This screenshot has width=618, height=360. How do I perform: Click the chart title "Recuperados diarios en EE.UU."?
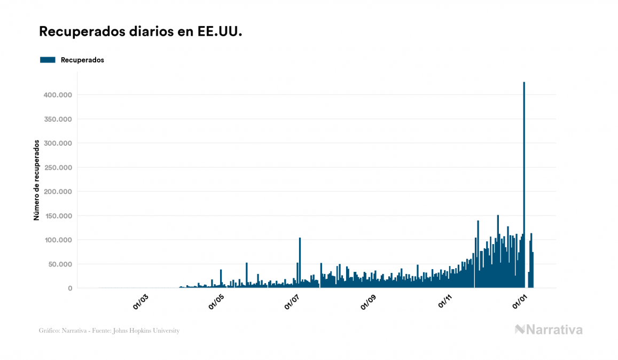pyautogui.click(x=140, y=32)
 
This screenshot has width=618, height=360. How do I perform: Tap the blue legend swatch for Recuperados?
pyautogui.click(x=48, y=60)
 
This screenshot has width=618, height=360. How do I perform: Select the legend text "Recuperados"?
pyautogui.click(x=82, y=60)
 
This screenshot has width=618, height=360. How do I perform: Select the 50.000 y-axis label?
pyautogui.click(x=59, y=264)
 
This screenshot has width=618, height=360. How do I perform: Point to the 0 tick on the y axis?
pyautogui.click(x=69, y=288)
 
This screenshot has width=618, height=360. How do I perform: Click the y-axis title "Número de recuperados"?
pyautogui.click(x=37, y=180)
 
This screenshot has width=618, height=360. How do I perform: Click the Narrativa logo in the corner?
pyautogui.click(x=549, y=330)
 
